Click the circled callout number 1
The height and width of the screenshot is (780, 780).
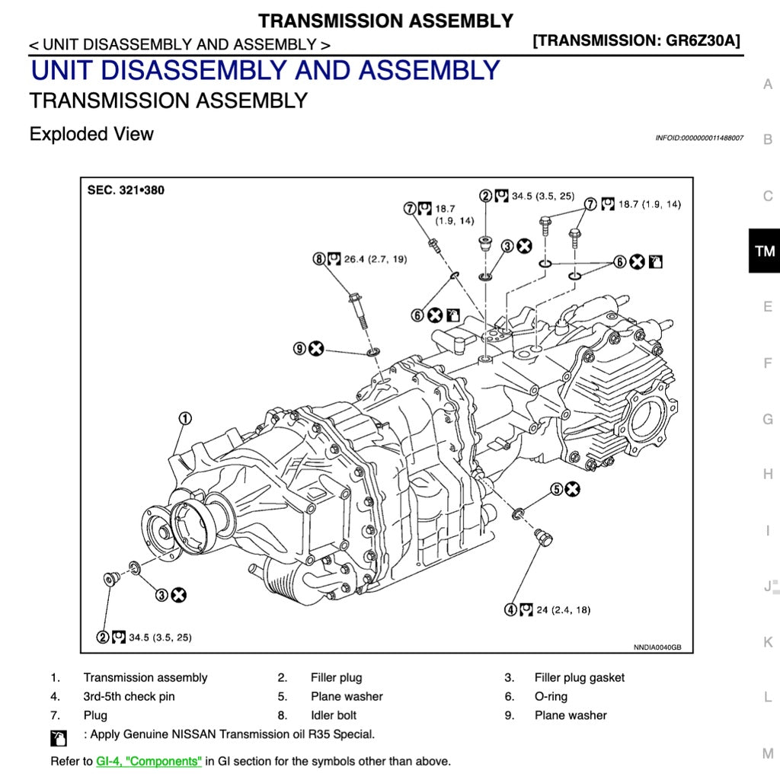tap(185, 418)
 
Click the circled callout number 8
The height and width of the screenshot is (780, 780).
tap(319, 259)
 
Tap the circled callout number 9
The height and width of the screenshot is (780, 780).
tap(300, 348)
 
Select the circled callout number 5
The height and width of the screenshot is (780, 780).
tap(557, 489)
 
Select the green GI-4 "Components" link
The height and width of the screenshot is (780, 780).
tap(149, 761)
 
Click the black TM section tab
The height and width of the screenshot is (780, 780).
tap(764, 251)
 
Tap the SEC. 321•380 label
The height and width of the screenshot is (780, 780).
tap(126, 190)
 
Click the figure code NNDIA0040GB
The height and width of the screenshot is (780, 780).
tap(657, 647)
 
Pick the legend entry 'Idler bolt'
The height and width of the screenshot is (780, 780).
tap(334, 715)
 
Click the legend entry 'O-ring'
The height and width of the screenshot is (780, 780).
tap(551, 696)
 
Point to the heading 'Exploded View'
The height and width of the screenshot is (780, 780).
tap(91, 134)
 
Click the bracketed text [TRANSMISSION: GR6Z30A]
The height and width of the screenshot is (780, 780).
tap(637, 40)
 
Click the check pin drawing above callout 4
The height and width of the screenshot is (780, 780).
tap(544, 537)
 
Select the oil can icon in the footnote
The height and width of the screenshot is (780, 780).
tap(58, 737)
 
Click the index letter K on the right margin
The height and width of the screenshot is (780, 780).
tap(767, 642)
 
